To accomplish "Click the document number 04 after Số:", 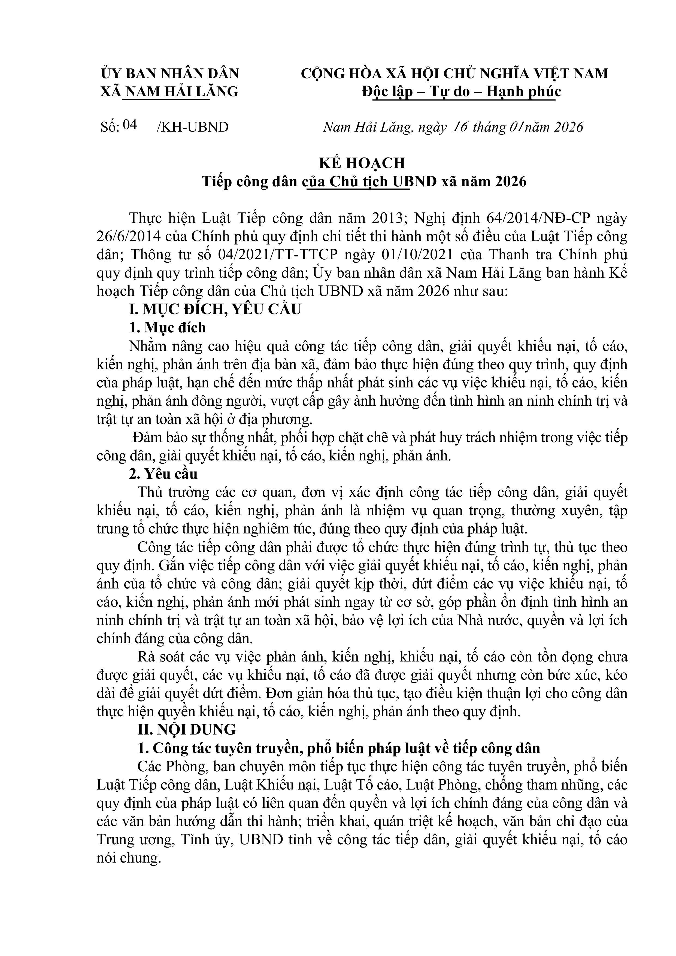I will click(130, 125).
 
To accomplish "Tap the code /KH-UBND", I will click(192, 127).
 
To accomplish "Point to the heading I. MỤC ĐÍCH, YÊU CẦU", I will click(215, 309).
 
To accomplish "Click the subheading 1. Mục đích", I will click(168, 328).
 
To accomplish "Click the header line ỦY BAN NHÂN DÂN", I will click(170, 74).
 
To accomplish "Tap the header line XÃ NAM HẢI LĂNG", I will click(169, 92).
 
